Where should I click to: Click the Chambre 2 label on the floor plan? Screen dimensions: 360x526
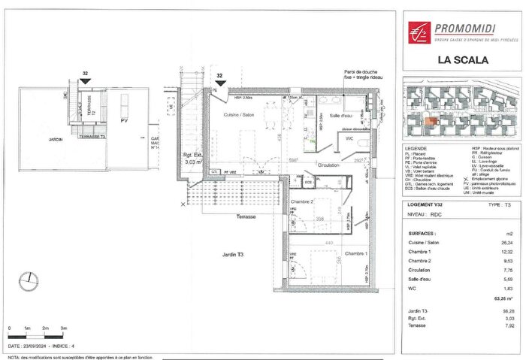coord(301,201)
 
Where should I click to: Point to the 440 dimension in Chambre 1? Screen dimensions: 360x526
coord(328,244)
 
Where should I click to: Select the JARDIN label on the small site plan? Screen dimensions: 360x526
coord(53,139)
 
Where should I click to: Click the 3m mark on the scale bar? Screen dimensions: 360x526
coord(64,328)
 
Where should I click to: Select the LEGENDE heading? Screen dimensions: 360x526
coord(416,149)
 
